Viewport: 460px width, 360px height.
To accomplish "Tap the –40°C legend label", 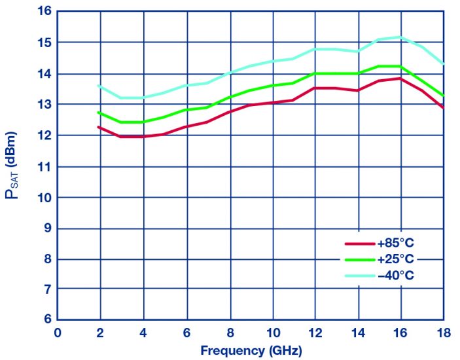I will pyautogui.click(x=396, y=276).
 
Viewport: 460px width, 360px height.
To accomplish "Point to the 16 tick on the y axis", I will pyautogui.click(x=44, y=12).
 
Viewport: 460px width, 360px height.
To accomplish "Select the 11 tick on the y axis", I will pyautogui.click(x=44, y=166).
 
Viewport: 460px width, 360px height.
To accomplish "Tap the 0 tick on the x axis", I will pyautogui.click(x=58, y=332).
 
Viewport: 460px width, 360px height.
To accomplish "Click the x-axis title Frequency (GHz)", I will pyautogui.click(x=251, y=350).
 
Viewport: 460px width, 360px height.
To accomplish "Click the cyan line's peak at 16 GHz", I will pyautogui.click(x=400, y=37).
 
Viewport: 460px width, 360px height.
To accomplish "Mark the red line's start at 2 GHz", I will pyautogui.click(x=99, y=126).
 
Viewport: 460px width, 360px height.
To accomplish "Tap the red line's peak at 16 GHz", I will pyautogui.click(x=400, y=78).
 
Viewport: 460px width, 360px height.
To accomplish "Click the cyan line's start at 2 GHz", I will pyautogui.click(x=99, y=86).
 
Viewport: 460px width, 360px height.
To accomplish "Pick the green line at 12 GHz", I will pyautogui.click(x=315, y=73).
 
